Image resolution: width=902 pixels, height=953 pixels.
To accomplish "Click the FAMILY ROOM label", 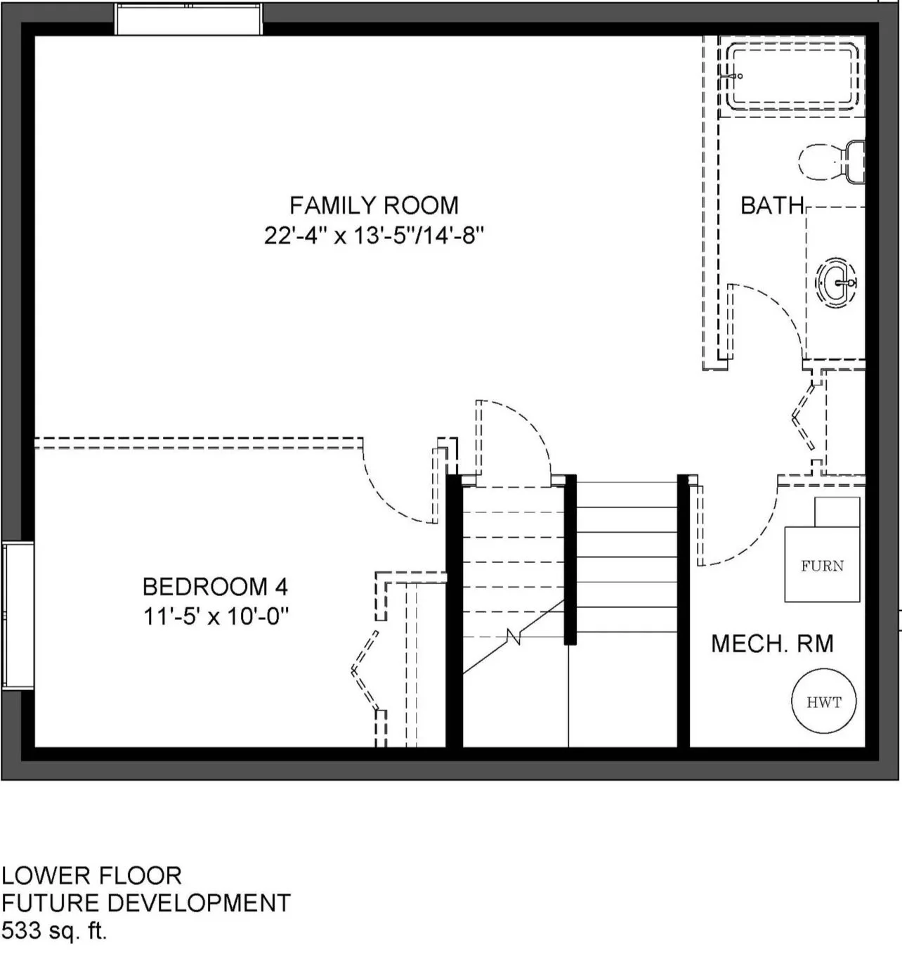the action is (374, 205).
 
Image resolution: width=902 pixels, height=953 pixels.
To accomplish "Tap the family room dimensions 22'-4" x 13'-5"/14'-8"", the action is (374, 236).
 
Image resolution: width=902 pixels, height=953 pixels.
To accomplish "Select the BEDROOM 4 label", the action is (215, 587).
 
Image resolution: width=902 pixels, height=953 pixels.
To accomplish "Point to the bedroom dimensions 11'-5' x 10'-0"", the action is (216, 617).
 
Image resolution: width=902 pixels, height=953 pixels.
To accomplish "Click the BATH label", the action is (772, 205).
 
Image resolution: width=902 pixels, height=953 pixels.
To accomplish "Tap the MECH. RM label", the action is (772, 643).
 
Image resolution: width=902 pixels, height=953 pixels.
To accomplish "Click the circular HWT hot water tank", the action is (823, 701).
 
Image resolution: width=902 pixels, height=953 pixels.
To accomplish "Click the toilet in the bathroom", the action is (831, 162).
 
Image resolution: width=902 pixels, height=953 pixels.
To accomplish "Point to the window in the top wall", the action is (188, 19).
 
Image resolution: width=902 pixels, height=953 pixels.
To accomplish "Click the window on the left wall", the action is (18, 616).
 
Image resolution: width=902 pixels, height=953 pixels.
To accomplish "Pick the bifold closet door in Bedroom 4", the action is (365, 670).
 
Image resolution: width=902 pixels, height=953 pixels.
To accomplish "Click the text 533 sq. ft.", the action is (54, 931).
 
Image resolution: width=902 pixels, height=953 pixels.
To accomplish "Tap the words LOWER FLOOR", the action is (91, 876).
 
